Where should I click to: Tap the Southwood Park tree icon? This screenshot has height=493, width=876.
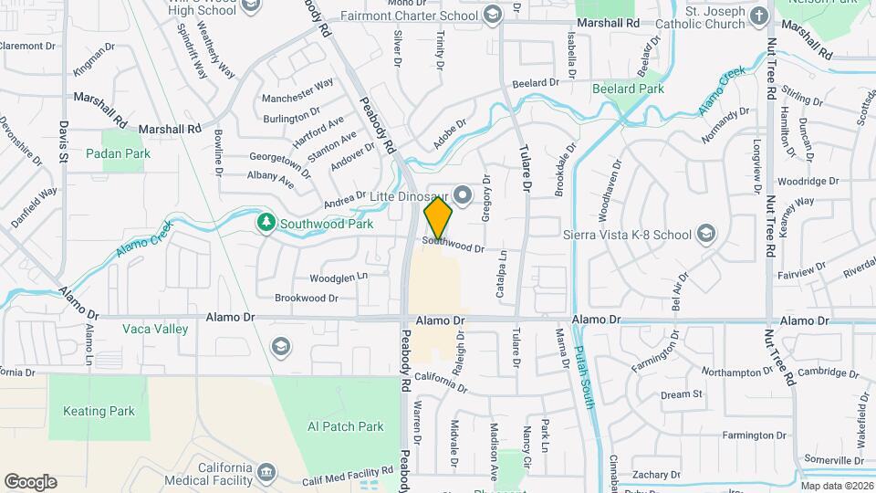click(266, 222)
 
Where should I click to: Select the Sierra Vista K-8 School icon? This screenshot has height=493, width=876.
click(705, 235)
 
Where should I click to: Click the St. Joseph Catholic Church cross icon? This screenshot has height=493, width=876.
click(758, 16)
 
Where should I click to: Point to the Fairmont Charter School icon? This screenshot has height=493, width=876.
click(493, 16)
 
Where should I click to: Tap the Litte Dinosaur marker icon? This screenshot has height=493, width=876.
click(464, 194)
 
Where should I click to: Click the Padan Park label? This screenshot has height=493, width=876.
click(118, 154)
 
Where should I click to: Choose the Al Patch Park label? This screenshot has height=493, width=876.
click(346, 426)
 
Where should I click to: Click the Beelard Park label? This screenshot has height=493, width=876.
click(628, 89)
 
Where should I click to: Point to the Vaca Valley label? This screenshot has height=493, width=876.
click(156, 329)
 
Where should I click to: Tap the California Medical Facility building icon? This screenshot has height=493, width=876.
click(266, 471)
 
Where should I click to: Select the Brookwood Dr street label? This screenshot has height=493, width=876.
click(306, 299)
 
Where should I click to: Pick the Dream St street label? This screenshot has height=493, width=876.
click(682, 394)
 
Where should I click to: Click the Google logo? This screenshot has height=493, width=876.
click(30, 481)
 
